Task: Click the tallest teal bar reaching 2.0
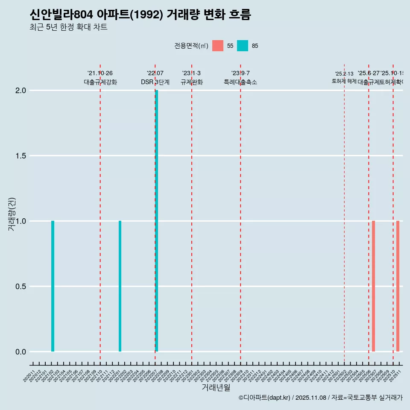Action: click(x=157, y=221)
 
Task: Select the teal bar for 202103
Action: click(x=53, y=286)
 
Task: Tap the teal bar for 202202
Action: click(x=120, y=286)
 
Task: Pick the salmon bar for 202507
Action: click(x=373, y=286)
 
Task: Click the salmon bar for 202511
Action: click(x=398, y=286)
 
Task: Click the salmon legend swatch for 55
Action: click(x=218, y=46)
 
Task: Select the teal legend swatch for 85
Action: click(x=243, y=46)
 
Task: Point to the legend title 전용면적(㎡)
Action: click(x=191, y=46)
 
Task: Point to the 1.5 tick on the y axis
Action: click(x=20, y=156)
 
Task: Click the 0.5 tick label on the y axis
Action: click(x=20, y=287)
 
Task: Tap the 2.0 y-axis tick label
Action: click(x=20, y=91)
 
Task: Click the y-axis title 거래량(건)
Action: click(x=12, y=214)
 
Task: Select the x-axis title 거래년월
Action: click(x=216, y=387)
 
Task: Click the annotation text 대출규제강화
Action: click(x=100, y=82)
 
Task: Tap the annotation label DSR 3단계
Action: click(x=155, y=82)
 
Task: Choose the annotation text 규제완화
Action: click(x=191, y=82)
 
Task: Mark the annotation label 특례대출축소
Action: click(x=240, y=82)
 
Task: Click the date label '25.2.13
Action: click(x=344, y=74)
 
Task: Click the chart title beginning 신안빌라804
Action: click(x=140, y=15)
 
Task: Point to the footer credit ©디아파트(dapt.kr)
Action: click(x=265, y=398)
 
